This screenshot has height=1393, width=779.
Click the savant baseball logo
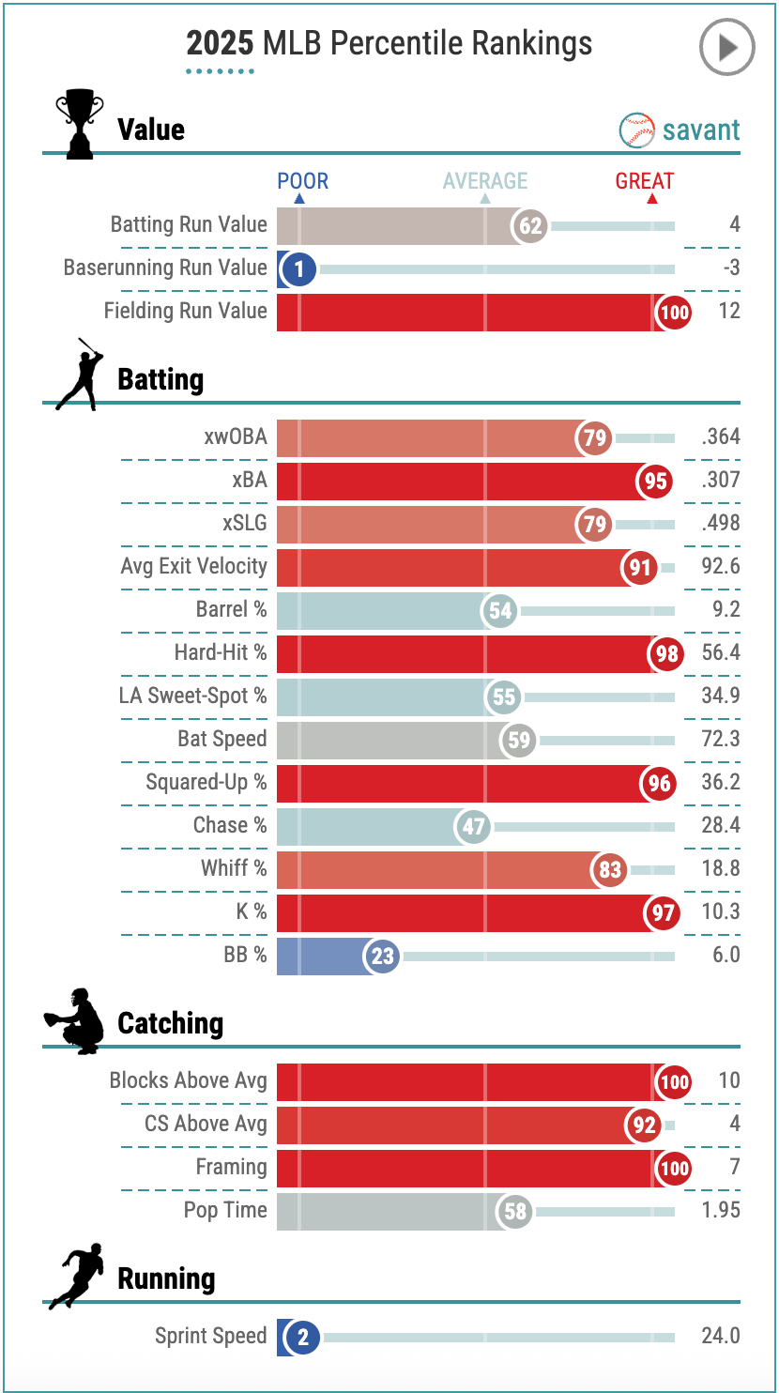click(x=636, y=130)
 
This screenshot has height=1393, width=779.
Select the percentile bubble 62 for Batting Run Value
click(x=530, y=225)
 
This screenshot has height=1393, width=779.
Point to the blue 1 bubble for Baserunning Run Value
click(x=298, y=269)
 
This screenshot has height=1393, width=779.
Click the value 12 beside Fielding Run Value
click(x=729, y=311)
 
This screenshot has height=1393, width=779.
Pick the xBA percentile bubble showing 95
click(x=655, y=482)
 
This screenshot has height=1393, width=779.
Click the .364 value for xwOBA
click(x=720, y=436)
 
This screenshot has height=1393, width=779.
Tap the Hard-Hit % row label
click(x=221, y=652)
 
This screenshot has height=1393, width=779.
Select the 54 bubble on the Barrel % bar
click(x=500, y=611)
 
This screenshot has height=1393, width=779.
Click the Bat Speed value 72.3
click(x=720, y=739)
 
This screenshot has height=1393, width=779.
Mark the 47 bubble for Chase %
click(x=473, y=827)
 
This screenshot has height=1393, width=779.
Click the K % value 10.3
click(x=720, y=911)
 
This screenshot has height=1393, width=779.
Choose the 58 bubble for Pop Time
click(x=515, y=1211)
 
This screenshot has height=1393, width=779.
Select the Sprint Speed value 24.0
click(x=720, y=1336)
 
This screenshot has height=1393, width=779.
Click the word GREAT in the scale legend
click(x=645, y=181)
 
